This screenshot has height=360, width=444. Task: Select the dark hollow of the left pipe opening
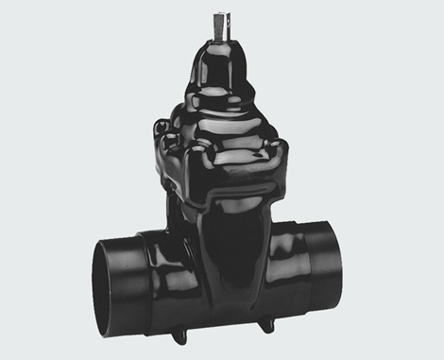[111, 282]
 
